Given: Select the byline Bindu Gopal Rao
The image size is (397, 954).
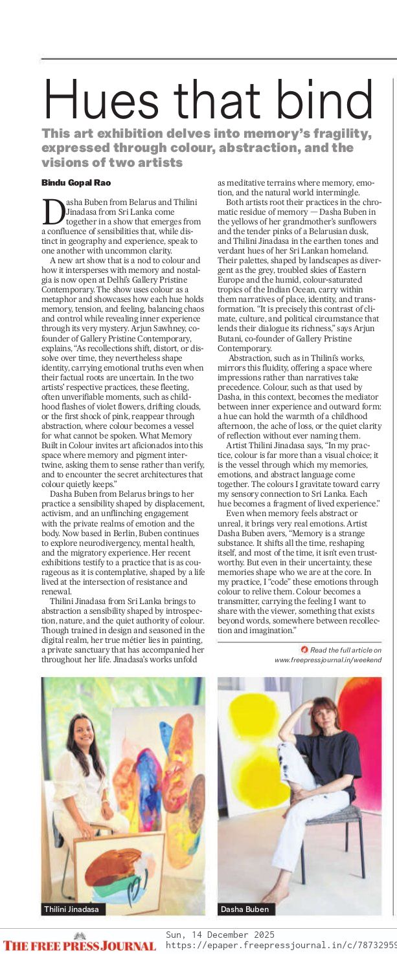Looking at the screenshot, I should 76,183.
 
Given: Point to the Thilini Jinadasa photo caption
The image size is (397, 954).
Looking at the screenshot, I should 71,909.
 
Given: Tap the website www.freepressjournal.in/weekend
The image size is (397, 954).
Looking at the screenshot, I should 328,660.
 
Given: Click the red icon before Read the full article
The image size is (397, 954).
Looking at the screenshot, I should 304,649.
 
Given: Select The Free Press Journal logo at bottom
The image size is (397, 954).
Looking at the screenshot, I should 80,944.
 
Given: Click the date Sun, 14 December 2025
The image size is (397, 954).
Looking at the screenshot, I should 220,935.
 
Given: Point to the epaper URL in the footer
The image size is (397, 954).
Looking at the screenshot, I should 281,946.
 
